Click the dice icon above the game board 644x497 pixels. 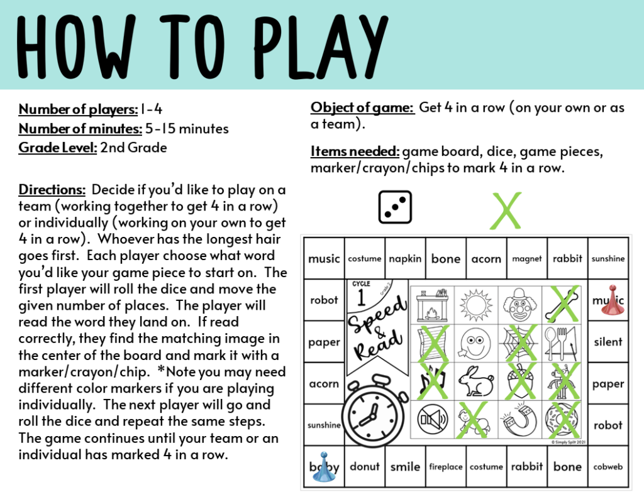click(395, 207)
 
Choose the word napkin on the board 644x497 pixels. click(405, 258)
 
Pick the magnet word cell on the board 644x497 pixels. click(526, 258)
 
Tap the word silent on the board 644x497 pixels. click(608, 342)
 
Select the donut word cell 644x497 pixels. click(365, 467)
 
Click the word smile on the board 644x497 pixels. click(405, 467)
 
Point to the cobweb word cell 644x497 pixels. click(608, 467)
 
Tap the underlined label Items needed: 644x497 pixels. click(355, 151)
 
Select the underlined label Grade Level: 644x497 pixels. click(58, 148)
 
